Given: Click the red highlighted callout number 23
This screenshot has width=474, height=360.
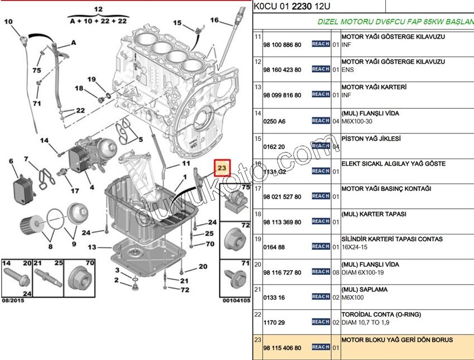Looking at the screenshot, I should coord(222,167).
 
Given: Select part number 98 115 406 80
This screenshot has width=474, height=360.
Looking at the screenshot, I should coord(282,348).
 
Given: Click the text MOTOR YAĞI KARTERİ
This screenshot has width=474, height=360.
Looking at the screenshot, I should coord(374,87).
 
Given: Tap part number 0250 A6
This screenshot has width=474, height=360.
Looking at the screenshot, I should coord(274,121).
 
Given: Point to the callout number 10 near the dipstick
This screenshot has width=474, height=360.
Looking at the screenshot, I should coord(8,22).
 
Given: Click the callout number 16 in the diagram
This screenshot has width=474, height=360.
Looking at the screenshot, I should coord(214,21).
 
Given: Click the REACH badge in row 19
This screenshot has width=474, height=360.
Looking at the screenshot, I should coord(321,246).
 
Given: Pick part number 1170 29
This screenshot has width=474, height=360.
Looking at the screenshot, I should coord(273,323).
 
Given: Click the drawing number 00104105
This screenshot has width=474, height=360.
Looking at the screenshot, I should coord(236,300).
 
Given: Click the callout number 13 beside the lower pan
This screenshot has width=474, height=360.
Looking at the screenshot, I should coord(91,247).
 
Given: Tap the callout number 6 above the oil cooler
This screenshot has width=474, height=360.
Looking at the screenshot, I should coord(11,162).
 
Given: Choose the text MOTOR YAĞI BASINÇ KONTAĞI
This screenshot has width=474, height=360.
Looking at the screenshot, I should coord(386,189).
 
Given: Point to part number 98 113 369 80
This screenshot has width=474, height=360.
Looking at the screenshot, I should coord(282,222).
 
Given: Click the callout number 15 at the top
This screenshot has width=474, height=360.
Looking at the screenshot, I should coord(177,23).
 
